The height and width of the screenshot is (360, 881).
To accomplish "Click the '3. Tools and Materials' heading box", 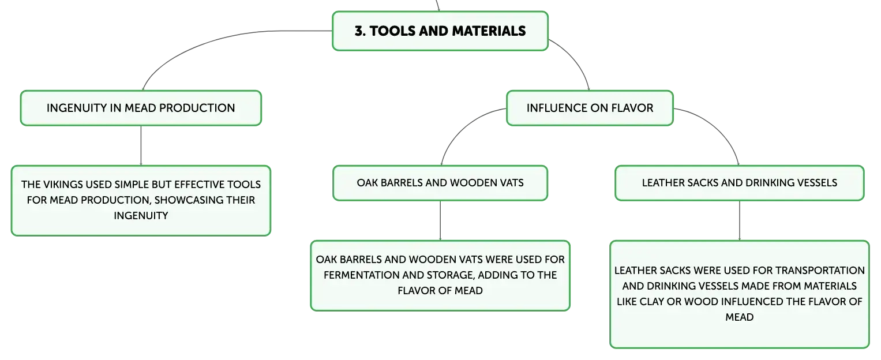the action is [440, 31].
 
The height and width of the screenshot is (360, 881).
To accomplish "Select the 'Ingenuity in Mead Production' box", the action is [141, 108].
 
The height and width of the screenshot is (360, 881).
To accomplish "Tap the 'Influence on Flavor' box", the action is [590, 108].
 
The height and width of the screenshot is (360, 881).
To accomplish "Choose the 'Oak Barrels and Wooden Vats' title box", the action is [440, 183].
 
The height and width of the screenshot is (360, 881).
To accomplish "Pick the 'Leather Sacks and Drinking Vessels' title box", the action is [740, 183].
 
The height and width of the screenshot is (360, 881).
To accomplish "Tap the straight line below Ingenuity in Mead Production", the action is [141, 145].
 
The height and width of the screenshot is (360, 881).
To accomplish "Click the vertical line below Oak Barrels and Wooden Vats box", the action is [440, 221].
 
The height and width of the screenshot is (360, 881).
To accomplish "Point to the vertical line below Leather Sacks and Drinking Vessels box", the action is [740, 221].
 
